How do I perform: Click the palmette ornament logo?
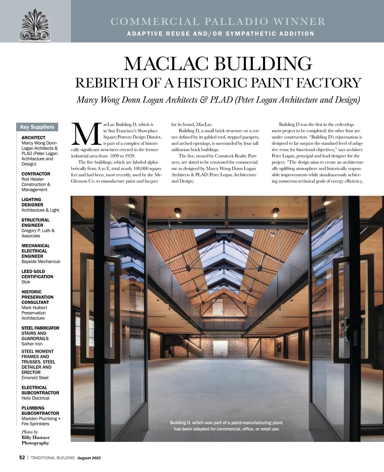(35, 25)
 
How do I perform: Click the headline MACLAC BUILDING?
(218, 63)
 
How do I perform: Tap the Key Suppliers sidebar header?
(37, 127)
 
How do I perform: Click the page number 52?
(22, 458)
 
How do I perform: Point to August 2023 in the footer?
(89, 458)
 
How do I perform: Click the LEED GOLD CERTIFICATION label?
(37, 274)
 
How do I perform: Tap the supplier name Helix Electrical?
(35, 398)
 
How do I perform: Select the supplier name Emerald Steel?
(35, 377)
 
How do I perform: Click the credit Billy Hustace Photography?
(36, 440)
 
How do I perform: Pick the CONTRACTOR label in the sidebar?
(36, 174)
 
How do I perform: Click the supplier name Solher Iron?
(32, 344)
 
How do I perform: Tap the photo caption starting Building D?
(227, 426)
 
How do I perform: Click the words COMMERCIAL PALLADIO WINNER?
(218, 21)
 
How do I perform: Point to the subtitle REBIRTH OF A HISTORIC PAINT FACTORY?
(218, 82)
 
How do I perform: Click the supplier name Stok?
(26, 282)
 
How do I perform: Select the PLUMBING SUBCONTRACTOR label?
(37, 410)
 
